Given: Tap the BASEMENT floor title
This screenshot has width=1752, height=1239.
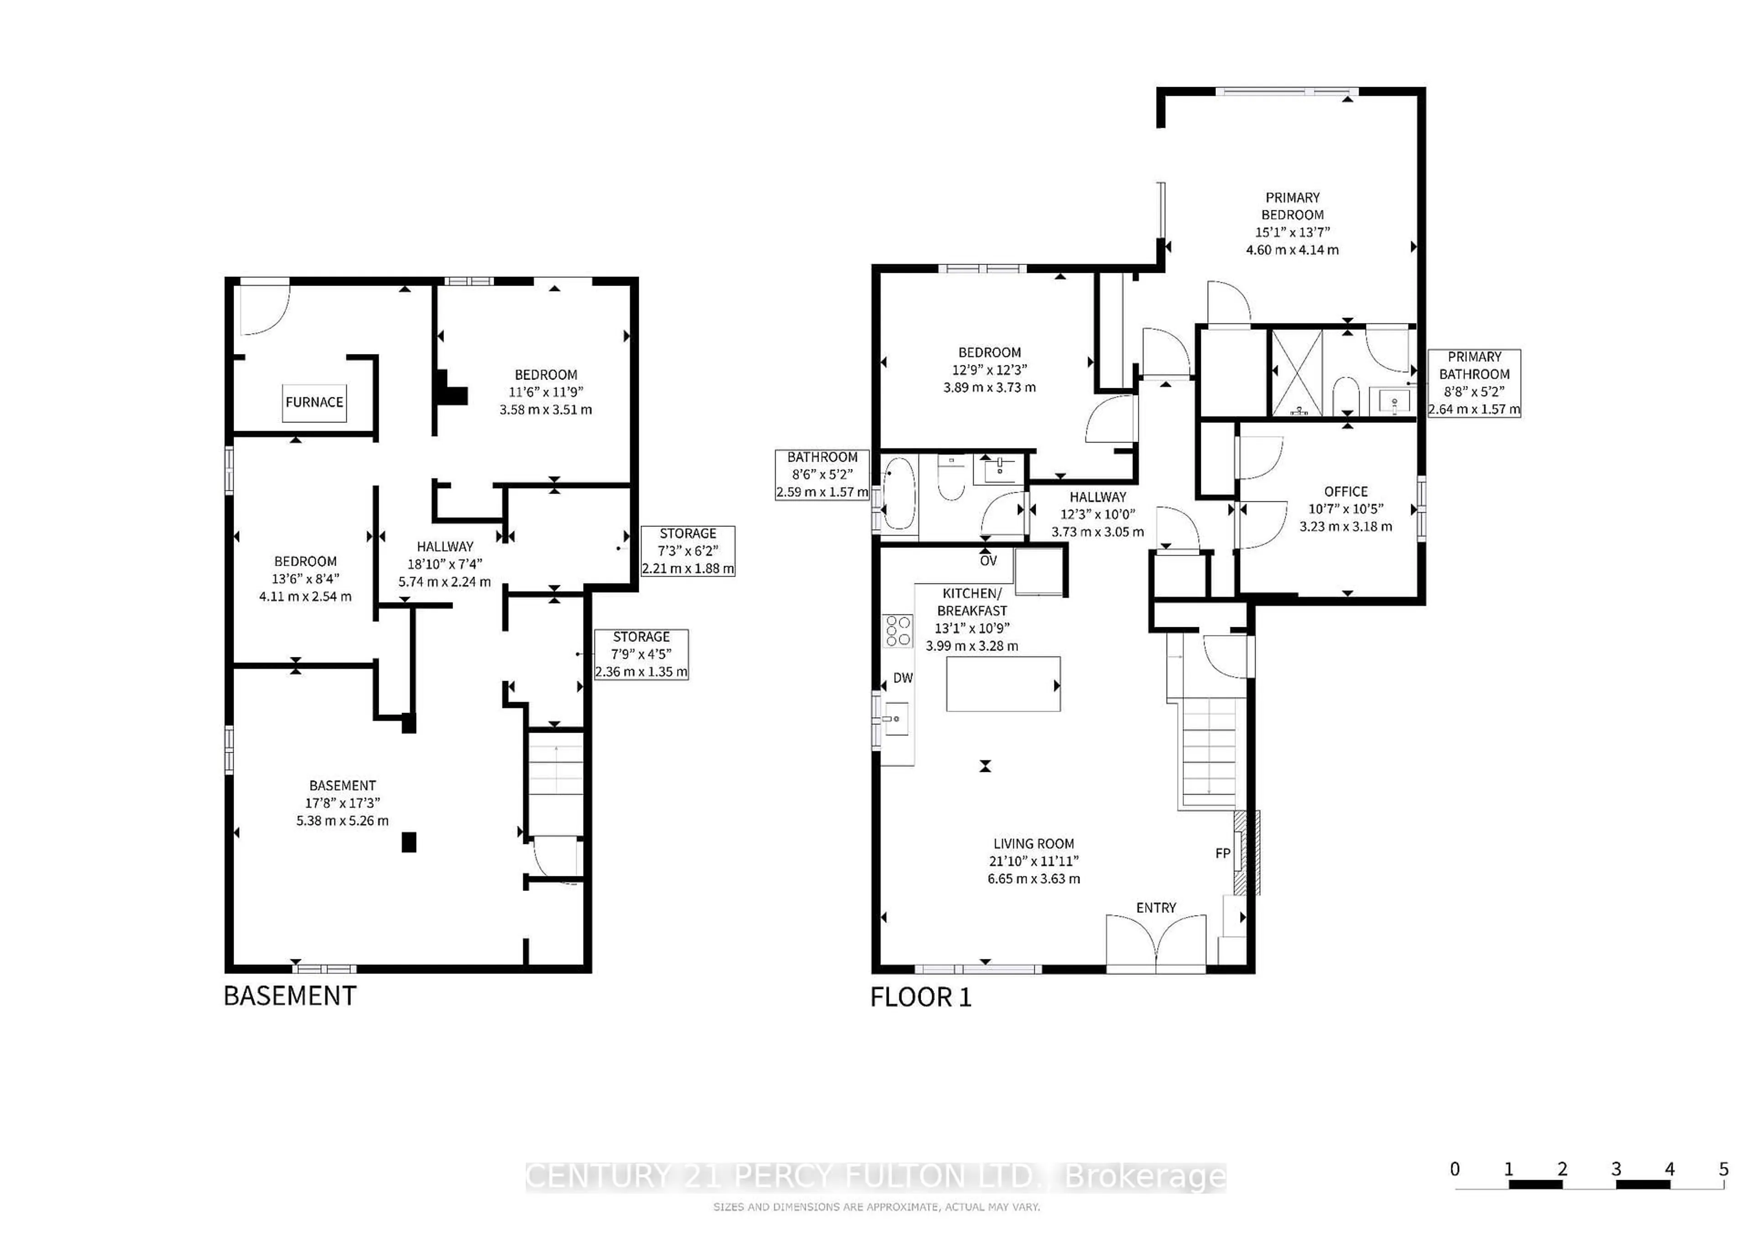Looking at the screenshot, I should tap(290, 996).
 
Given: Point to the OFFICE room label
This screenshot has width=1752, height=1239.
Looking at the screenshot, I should tap(1345, 491).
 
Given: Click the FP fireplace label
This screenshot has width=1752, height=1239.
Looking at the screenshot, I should tap(1222, 853).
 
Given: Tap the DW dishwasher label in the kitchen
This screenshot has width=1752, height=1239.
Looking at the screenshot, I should tap(903, 677).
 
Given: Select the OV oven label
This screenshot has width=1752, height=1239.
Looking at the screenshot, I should tap(988, 561).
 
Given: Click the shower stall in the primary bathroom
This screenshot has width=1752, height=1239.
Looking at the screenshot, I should tap(1296, 372).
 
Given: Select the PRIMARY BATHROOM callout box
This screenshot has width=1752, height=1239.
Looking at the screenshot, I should tap(1474, 383).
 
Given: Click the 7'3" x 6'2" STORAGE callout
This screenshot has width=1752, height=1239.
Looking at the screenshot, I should tap(688, 551).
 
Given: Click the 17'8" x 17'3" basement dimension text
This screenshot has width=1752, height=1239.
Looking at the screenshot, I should tap(343, 802).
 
